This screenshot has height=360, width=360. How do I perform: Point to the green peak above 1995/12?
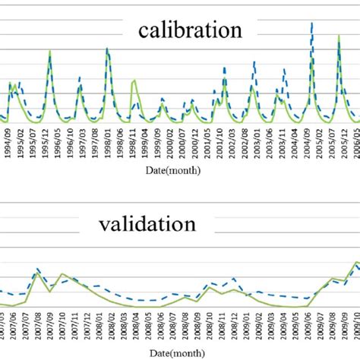point(50,52)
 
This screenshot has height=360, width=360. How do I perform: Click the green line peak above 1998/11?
point(134,80)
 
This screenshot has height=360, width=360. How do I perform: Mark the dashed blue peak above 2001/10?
point(224,68)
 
